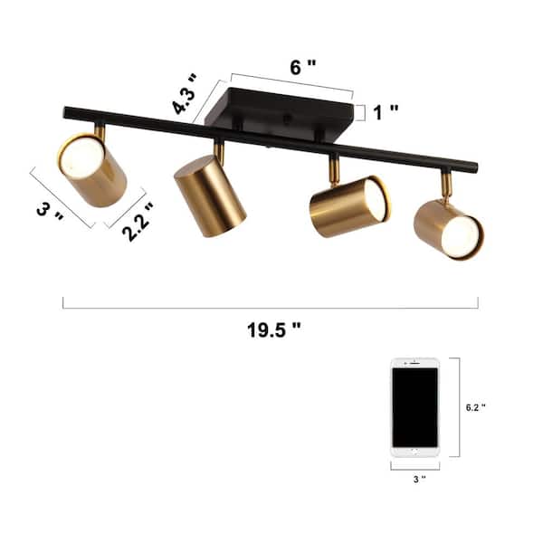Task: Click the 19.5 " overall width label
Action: (x=273, y=330)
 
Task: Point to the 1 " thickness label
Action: (x=386, y=112)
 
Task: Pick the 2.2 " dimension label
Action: (x=138, y=222)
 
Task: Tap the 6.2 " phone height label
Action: (x=476, y=407)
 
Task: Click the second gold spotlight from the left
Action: (x=210, y=195)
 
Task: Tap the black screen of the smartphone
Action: (x=415, y=407)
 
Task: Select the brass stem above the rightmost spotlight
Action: (x=445, y=186)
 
